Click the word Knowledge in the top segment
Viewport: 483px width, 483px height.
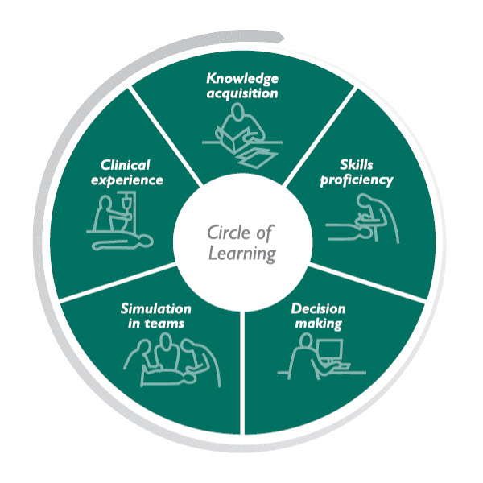pos(242,79)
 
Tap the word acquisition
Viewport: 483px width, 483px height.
pos(242,93)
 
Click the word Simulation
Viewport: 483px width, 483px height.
pos(156,309)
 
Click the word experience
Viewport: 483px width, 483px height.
pos(126,180)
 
